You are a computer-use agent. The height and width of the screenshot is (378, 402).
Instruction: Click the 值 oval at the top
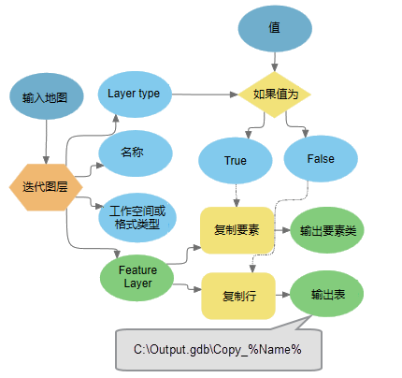tap(274, 29)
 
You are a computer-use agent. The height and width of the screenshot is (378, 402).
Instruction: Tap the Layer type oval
tap(134, 94)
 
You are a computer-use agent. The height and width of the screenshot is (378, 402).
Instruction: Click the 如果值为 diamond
tap(275, 94)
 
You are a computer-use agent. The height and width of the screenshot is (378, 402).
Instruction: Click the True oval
tap(236, 160)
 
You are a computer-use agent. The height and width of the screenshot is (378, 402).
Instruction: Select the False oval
tap(321, 159)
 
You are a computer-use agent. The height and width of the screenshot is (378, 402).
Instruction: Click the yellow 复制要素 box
tap(237, 229)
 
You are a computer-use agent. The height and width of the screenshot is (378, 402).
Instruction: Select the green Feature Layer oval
tap(137, 276)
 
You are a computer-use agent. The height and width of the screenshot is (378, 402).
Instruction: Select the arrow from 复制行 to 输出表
tap(281, 295)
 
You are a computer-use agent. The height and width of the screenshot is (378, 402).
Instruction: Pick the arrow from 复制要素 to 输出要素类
tap(281, 229)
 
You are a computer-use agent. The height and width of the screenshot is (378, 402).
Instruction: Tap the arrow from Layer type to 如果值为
tap(206, 94)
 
